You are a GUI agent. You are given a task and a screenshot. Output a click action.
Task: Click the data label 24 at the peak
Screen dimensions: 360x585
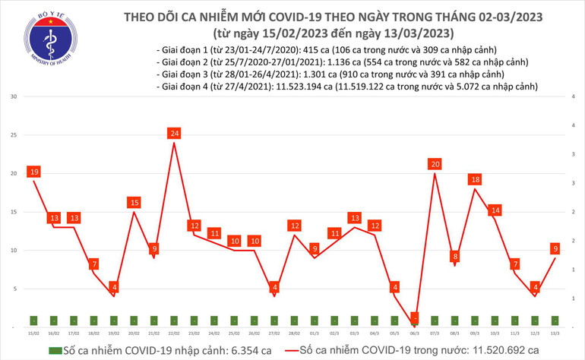(x=175, y=134)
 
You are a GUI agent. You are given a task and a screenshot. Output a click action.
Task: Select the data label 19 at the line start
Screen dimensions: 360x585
(x=34, y=172)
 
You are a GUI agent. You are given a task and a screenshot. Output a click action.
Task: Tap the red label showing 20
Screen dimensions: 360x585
(x=435, y=164)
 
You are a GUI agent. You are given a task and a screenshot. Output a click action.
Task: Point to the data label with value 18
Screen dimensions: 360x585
(x=475, y=180)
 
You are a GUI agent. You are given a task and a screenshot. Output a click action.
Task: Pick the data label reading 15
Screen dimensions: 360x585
(x=134, y=203)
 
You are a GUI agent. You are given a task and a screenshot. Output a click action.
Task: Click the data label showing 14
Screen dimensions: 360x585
(x=495, y=210)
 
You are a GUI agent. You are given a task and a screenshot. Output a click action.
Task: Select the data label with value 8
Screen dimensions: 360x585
(x=455, y=256)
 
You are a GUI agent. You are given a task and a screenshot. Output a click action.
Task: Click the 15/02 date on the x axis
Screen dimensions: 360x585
(x=33, y=333)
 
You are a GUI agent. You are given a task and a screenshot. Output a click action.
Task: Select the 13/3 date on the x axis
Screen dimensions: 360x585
(x=555, y=333)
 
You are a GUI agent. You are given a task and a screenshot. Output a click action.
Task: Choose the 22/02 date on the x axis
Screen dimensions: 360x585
(x=174, y=333)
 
